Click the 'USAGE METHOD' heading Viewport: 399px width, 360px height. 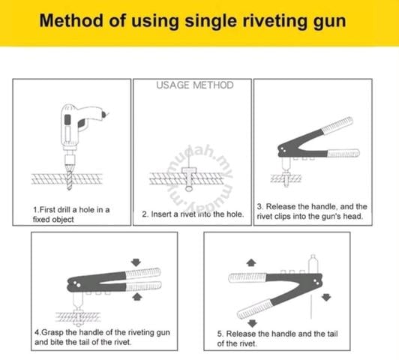pos(195,85)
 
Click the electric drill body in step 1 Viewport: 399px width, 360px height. pos(76,124)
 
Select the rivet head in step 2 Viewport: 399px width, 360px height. pos(189,170)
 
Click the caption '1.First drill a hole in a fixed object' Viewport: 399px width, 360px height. pos(71,214)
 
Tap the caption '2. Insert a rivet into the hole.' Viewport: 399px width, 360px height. pos(193,214)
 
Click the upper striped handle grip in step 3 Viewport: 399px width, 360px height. pos(337,125)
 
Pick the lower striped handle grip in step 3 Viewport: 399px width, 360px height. pos(343,154)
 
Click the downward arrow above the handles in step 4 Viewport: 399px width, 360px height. pos(136,262)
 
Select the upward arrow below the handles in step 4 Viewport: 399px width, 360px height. pos(137,297)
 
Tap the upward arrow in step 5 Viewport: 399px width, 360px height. pos(251,262)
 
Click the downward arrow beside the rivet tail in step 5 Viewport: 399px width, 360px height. pos(326,297)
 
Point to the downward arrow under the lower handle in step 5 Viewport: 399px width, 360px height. pos(252,323)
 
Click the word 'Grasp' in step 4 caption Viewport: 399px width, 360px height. pos(52,332)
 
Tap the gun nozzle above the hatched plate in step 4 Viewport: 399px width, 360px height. pos(78,301)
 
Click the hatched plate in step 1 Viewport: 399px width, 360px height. pos(67,178)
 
